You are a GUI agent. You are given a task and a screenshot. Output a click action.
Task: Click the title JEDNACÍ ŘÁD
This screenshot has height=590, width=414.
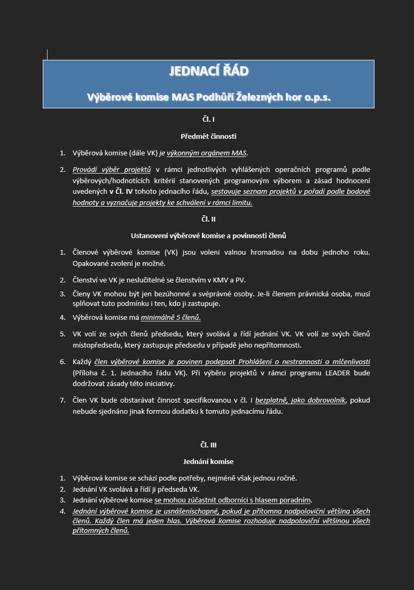(208, 72)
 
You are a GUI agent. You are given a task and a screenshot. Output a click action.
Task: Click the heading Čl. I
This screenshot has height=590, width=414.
(208, 120)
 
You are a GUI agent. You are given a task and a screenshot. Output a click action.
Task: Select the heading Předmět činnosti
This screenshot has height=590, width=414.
(208, 136)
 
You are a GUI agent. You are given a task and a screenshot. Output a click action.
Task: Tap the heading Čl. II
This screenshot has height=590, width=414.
(208, 219)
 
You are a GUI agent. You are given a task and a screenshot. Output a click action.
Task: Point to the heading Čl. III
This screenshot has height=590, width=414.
(208, 445)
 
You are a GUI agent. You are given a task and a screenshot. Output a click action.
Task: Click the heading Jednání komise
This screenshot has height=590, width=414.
(208, 461)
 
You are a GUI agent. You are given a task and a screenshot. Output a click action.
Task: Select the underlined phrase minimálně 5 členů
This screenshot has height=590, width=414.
(170, 318)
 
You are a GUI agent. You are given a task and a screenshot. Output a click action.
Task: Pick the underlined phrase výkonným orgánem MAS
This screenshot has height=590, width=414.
(207, 153)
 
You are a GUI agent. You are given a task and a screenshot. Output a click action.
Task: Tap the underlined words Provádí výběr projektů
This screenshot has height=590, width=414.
(112, 170)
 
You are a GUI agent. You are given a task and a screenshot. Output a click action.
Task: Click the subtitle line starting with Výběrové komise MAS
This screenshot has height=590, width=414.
(208, 97)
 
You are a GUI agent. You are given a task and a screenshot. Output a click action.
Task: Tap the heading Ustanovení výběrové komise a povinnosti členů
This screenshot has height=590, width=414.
(208, 235)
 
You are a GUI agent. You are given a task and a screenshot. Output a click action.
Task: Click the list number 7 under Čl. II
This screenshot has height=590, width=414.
(62, 400)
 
